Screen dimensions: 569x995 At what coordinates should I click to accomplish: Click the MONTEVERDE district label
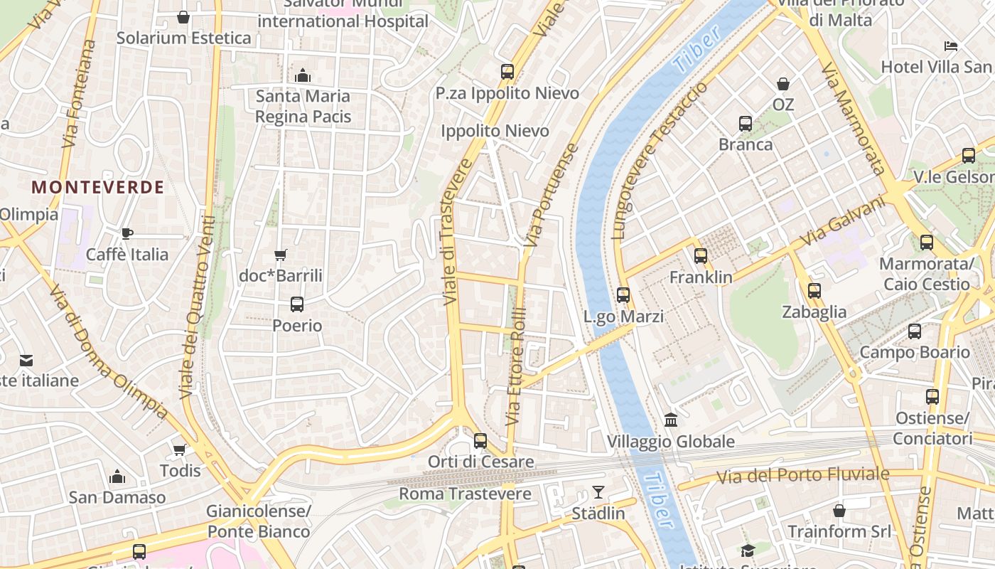tap(98, 187)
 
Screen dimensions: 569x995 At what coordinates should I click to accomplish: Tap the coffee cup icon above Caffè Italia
tap(127, 233)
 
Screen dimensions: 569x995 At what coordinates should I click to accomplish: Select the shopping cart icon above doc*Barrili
tap(281, 255)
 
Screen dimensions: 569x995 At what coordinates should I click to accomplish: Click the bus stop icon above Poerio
tap(297, 304)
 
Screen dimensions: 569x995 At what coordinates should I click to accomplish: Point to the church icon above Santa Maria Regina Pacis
tap(303, 75)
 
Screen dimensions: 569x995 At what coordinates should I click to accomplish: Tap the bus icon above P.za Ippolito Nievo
tap(507, 71)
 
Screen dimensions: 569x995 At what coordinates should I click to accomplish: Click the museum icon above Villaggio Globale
tap(671, 420)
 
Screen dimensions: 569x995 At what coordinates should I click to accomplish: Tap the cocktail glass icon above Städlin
tap(598, 492)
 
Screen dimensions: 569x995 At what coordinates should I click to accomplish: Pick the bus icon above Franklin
tap(701, 256)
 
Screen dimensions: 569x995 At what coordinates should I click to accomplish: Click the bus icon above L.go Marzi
tap(623, 294)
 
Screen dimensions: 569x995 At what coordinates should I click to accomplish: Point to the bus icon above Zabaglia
tap(814, 290)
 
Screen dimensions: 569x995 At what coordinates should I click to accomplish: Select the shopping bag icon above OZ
tap(783, 84)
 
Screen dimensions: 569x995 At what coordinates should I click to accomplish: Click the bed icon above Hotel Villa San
tap(951, 46)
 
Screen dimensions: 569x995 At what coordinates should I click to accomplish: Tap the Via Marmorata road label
tap(852, 119)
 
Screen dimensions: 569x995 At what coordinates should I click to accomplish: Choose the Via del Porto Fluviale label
tap(802, 475)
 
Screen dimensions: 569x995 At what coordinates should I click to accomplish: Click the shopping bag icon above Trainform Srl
tap(839, 511)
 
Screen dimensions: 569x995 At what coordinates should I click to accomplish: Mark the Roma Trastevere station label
tap(465, 494)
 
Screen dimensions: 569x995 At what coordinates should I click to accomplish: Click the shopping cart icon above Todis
tap(180, 450)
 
